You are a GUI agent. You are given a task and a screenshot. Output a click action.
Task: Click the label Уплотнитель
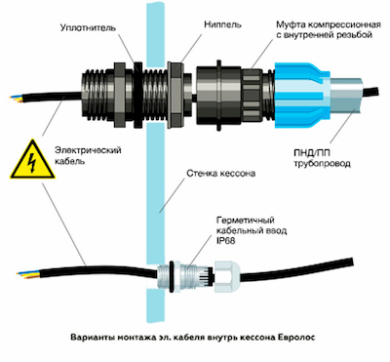(x=88, y=28)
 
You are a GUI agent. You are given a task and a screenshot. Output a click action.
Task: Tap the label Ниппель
(x=222, y=24)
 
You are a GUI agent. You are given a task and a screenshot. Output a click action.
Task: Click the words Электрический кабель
(x=88, y=155)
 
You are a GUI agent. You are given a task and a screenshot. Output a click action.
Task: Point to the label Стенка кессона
(x=220, y=174)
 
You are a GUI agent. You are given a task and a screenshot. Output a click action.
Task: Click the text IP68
(x=225, y=241)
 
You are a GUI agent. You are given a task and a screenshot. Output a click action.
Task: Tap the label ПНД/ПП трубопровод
(x=322, y=158)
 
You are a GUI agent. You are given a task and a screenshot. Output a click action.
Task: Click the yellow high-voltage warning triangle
(x=32, y=160)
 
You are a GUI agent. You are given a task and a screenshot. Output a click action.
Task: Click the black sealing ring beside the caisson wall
(x=137, y=94)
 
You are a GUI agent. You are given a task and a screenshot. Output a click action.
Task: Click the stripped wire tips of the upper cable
(x=17, y=99)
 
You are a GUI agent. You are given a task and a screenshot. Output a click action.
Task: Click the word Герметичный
(x=246, y=221)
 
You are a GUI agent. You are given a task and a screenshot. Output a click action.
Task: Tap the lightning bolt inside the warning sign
(x=32, y=162)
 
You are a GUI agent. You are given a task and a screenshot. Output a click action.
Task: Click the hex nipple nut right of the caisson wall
(x=175, y=94)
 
